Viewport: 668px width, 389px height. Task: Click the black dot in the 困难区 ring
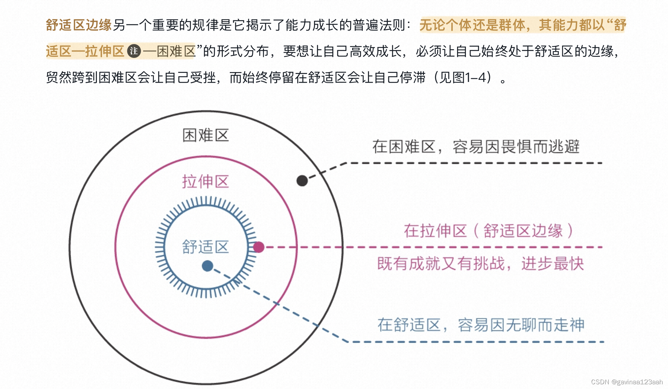point(302,180)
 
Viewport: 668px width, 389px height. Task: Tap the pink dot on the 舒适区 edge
point(259,247)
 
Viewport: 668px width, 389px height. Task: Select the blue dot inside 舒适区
point(207,266)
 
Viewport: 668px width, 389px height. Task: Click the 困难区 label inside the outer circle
point(205,135)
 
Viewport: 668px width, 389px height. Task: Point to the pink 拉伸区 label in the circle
point(205,181)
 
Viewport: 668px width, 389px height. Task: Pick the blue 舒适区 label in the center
point(205,247)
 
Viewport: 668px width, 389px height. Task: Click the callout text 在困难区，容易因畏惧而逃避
point(476,147)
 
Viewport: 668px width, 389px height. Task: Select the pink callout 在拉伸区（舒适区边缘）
point(488,231)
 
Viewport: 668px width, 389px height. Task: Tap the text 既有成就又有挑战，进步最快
point(480,263)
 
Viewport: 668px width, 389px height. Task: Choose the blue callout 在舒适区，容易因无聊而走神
point(481,325)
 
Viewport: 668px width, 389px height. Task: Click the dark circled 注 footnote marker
point(134,51)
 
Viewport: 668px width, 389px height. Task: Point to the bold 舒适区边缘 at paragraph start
point(79,25)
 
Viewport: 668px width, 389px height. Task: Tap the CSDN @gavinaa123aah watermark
point(626,382)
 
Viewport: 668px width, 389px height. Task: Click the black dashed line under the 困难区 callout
point(474,163)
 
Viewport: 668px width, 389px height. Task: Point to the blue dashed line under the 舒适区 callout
point(474,342)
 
